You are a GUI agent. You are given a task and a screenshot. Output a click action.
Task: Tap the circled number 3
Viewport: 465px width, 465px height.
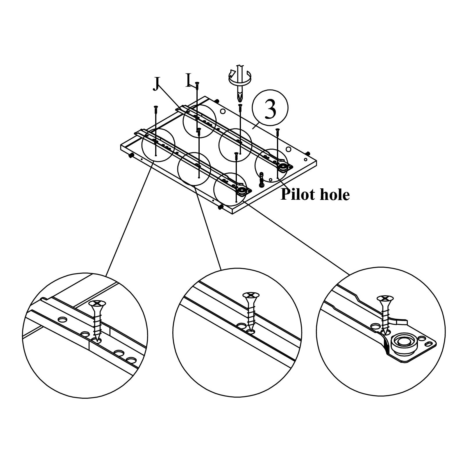pyautogui.click(x=270, y=108)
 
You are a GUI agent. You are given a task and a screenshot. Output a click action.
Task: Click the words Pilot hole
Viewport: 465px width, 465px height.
pyautogui.click(x=315, y=194)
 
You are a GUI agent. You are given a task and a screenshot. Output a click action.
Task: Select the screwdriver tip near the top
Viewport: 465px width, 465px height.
pyautogui.click(x=239, y=96)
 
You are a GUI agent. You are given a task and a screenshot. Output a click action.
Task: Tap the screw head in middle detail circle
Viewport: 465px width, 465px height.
pyautogui.click(x=251, y=296)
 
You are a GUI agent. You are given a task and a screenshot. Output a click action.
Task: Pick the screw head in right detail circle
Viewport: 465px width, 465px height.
pyautogui.click(x=384, y=298)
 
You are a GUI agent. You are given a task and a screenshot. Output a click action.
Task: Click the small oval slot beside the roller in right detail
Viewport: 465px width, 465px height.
pyautogui.click(x=429, y=344)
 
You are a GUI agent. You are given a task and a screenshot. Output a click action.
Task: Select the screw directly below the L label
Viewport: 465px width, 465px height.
pyautogui.click(x=197, y=84)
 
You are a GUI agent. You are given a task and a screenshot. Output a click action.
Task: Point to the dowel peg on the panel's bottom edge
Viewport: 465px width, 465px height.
pyautogui.click(x=220, y=207)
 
